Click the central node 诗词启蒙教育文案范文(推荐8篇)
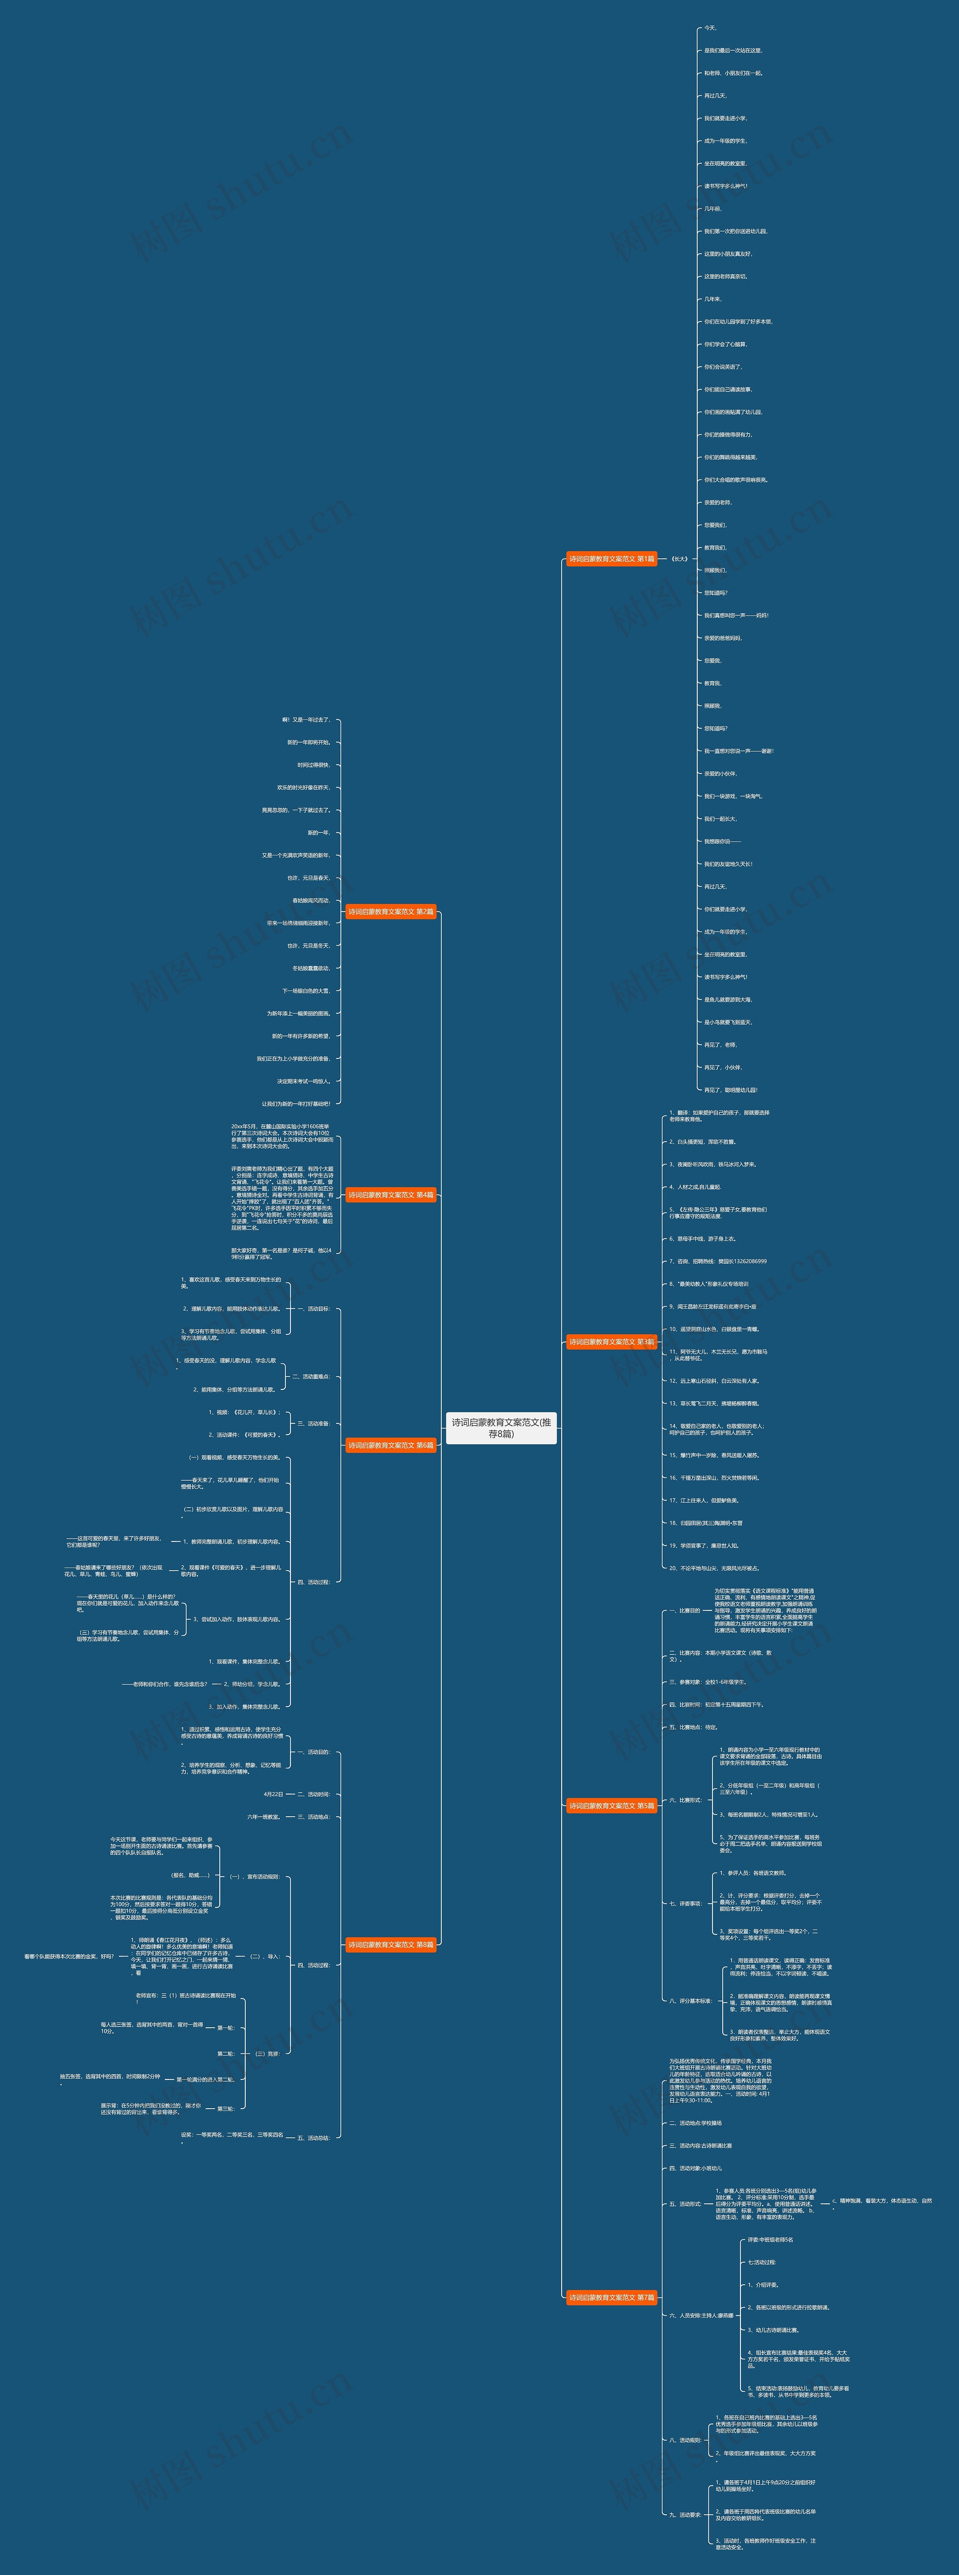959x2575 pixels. [501, 1427]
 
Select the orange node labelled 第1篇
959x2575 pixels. [611, 559]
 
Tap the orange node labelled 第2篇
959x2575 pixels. [391, 912]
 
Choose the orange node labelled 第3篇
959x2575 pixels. [611, 1342]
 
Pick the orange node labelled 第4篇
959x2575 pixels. [391, 1194]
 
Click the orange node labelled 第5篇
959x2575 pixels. [611, 1805]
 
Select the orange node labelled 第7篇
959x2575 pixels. [611, 2297]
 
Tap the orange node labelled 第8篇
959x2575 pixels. [391, 1944]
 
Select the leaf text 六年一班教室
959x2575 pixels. [265, 1816]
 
